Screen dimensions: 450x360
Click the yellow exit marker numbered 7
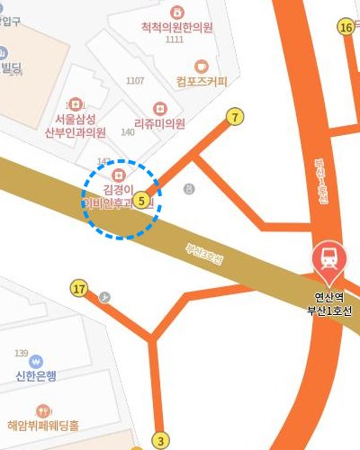(x=236, y=116)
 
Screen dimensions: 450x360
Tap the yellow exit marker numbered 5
(x=144, y=201)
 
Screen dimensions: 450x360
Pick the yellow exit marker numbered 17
(x=79, y=289)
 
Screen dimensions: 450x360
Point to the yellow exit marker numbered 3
(x=161, y=440)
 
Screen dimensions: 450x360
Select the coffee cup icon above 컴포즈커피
(x=202, y=65)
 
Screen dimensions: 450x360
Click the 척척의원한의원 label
(x=177, y=28)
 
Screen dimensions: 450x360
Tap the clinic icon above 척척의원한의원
(x=177, y=12)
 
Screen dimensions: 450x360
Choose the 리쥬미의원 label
(x=159, y=123)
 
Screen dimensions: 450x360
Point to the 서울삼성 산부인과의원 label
(x=75, y=126)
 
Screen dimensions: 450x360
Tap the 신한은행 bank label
(x=36, y=375)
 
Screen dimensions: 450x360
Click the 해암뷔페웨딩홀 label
(x=43, y=425)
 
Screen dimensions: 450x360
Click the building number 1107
(x=135, y=81)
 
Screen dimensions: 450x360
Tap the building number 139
(x=22, y=352)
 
